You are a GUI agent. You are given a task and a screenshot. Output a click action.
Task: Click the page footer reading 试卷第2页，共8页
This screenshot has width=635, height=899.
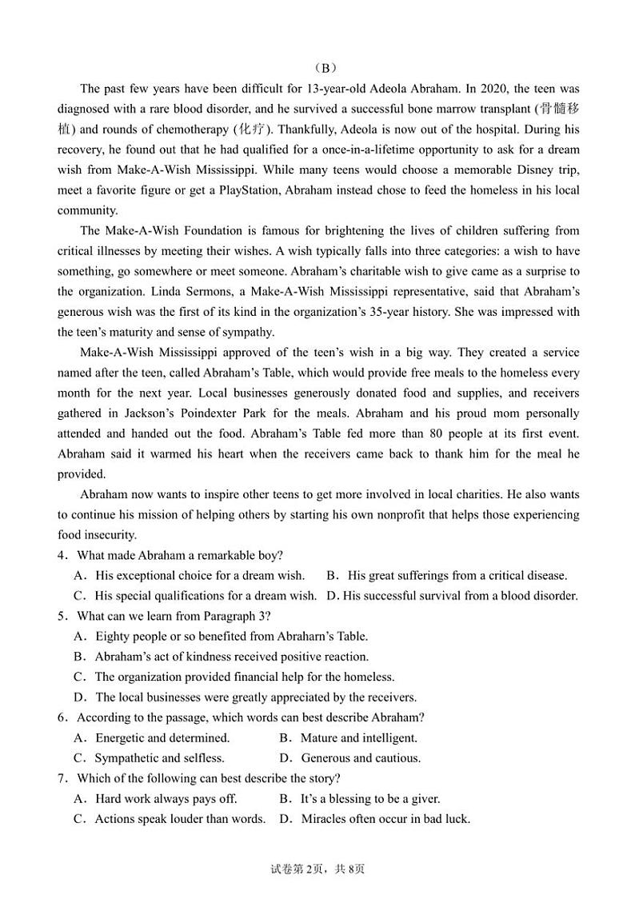click(317, 869)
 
